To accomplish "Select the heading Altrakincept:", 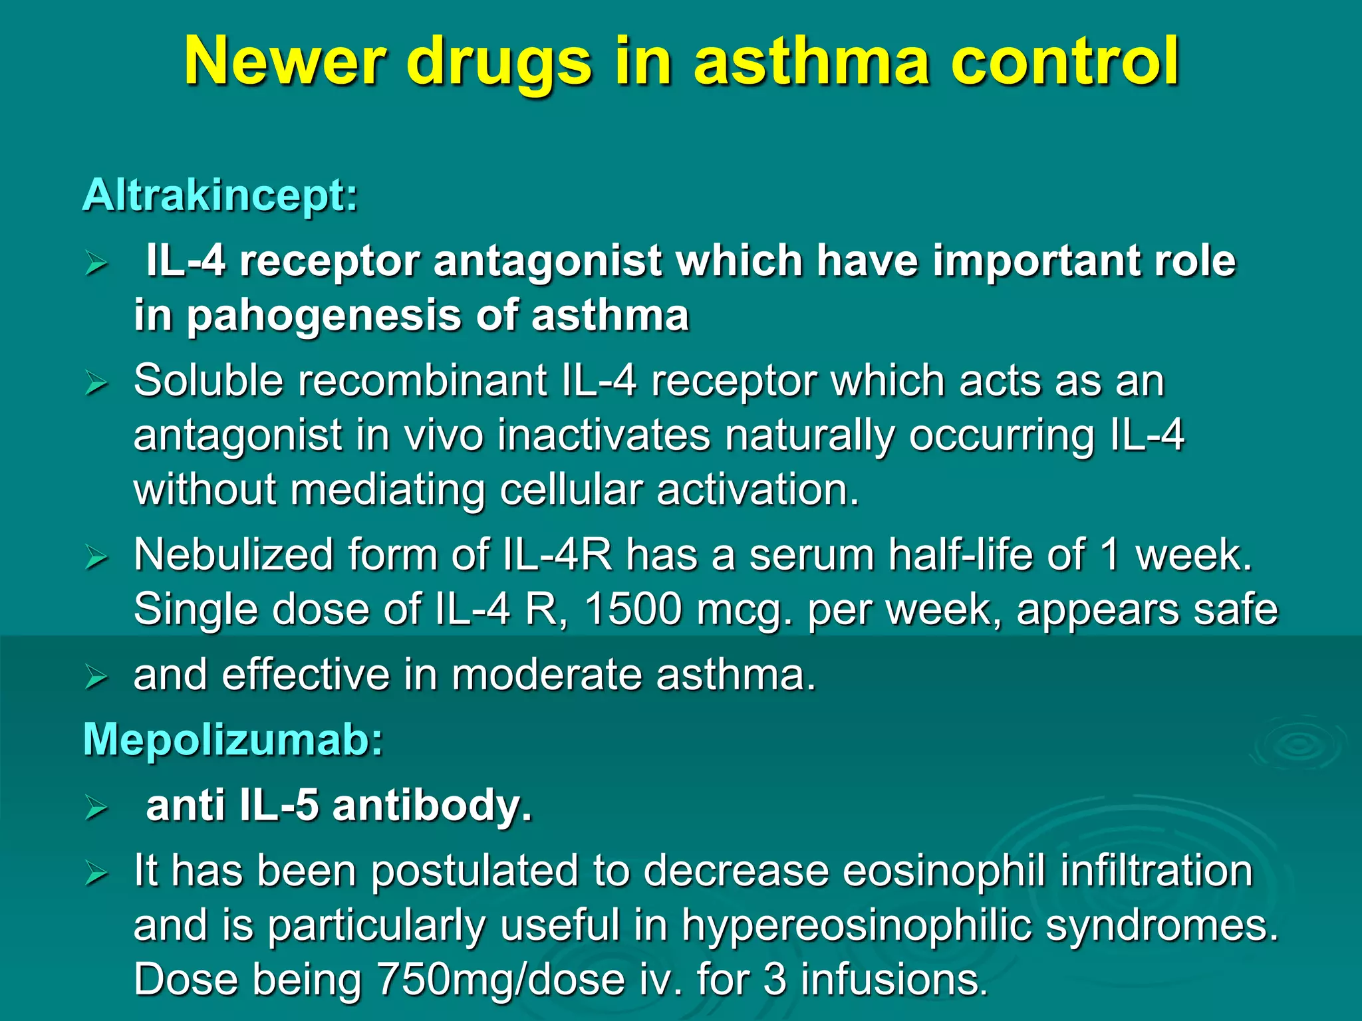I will [220, 195].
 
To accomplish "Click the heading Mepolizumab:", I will [233, 740].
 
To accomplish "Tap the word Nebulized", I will [233, 554].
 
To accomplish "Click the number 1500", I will [632, 609].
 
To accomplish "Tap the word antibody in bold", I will [432, 806].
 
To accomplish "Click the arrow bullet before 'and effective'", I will [96, 678].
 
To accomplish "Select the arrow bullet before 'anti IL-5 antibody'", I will [96, 808].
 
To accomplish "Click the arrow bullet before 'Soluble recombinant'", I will [96, 384].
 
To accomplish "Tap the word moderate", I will [547, 675].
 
